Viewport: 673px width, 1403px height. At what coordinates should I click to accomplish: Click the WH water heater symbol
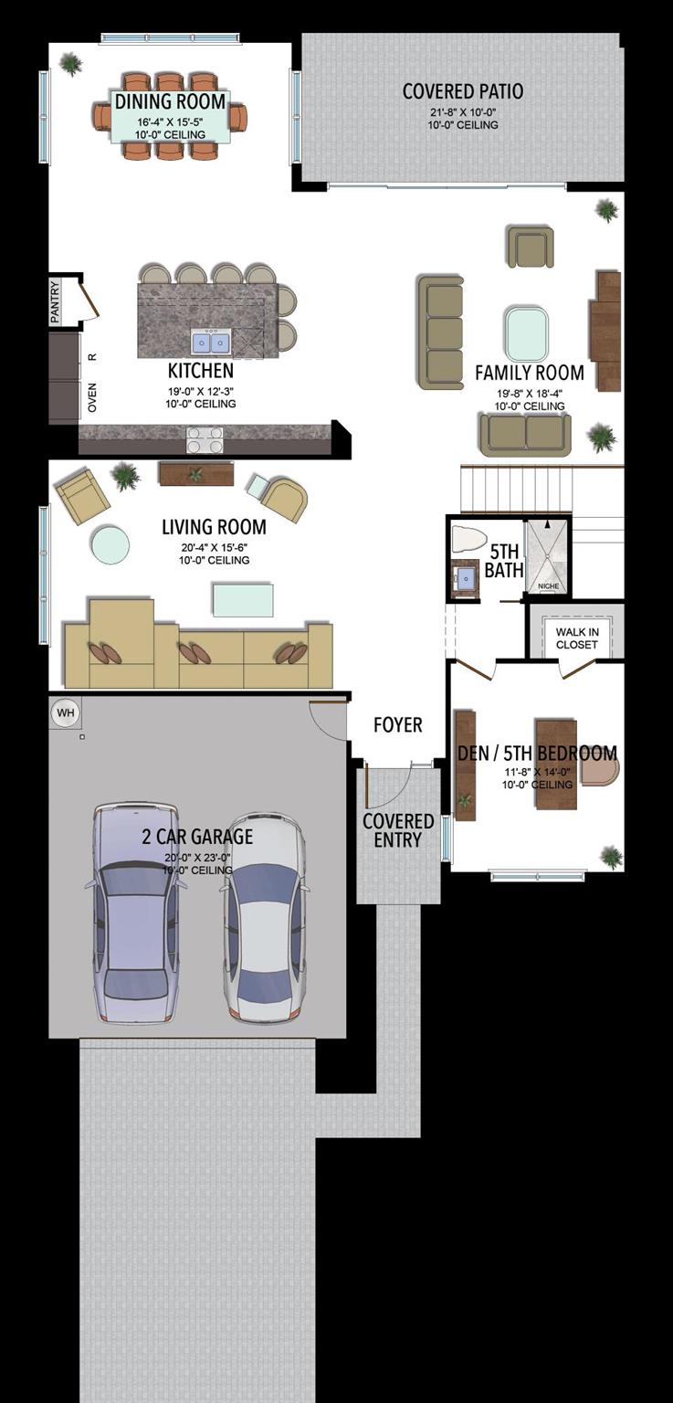[x=65, y=712]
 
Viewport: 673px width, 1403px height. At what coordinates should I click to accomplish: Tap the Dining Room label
[x=170, y=101]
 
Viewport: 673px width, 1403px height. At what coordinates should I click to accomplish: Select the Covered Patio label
[x=463, y=91]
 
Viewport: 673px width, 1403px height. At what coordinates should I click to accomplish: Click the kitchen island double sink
[x=210, y=342]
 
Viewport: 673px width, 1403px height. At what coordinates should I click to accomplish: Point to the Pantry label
[x=55, y=302]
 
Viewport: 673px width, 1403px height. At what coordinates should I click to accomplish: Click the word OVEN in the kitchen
[x=92, y=397]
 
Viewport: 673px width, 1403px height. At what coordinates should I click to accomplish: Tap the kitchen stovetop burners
[x=205, y=439]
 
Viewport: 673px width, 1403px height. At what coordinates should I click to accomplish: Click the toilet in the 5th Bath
[x=469, y=539]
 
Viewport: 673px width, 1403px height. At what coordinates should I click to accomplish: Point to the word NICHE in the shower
[x=549, y=585]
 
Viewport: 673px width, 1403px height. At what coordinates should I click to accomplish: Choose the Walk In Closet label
[x=576, y=638]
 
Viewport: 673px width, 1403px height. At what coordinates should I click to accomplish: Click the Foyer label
[x=397, y=724]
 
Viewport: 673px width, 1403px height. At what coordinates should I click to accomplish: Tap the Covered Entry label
[x=398, y=830]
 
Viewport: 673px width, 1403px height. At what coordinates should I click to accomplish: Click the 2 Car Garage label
[x=197, y=837]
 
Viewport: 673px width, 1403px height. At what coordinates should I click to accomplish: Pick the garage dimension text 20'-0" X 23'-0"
[x=197, y=858]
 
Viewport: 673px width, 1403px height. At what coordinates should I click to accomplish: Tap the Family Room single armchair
[x=531, y=247]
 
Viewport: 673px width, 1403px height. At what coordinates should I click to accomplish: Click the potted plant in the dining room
[x=70, y=64]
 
